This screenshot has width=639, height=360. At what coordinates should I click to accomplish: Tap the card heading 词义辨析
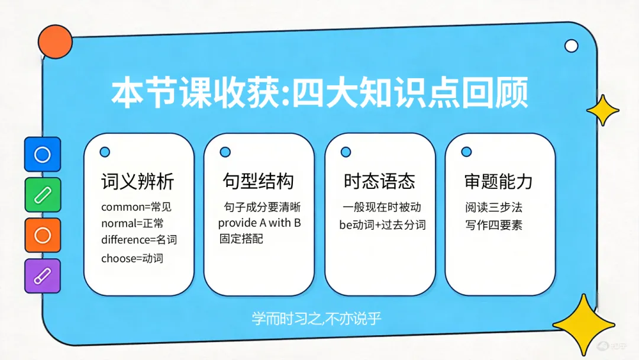click(138, 181)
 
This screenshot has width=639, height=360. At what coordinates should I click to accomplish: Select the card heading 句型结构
click(258, 181)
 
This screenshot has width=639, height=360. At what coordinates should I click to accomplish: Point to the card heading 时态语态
click(379, 181)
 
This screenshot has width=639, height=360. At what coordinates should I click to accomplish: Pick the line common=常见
click(136, 207)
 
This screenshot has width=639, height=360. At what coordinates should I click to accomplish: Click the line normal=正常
click(133, 224)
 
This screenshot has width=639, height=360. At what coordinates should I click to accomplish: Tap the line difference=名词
click(139, 240)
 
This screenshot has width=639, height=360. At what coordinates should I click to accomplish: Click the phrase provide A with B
click(259, 223)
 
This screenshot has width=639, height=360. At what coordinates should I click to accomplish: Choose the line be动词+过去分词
click(382, 224)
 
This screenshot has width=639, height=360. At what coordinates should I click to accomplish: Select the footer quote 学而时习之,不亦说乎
click(317, 319)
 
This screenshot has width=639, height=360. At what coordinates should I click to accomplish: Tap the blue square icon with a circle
click(43, 155)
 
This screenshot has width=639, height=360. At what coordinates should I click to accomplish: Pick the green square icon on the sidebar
click(43, 195)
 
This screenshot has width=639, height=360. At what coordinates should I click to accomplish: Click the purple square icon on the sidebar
click(43, 276)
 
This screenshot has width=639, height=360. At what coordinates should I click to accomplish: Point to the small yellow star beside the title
click(602, 110)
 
